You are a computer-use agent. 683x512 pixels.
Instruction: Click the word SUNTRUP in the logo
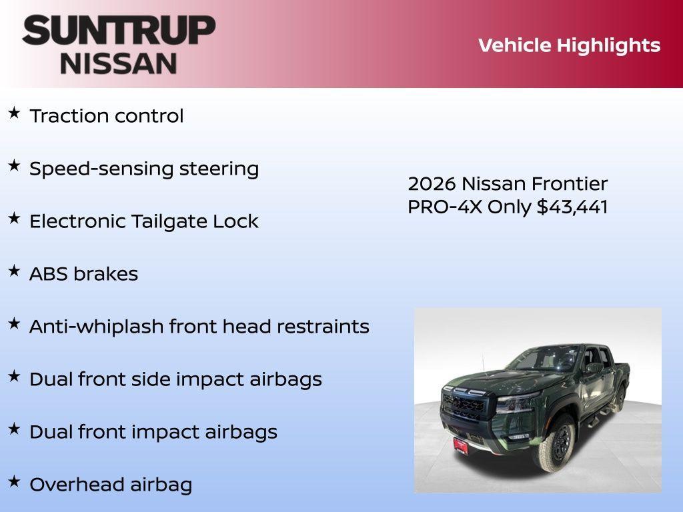pyautogui.click(x=119, y=31)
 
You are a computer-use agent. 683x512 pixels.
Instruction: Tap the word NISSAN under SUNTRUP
pyautogui.click(x=119, y=63)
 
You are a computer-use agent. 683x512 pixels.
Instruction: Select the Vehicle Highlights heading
pyautogui.click(x=569, y=45)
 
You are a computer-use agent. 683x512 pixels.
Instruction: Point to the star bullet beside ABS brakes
pyautogui.click(x=14, y=271)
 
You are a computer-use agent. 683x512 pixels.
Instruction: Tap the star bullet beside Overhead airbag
pyautogui.click(x=14, y=481)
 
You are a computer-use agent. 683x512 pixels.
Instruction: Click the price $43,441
pyautogui.click(x=572, y=207)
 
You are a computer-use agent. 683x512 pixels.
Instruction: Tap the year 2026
pyautogui.click(x=432, y=184)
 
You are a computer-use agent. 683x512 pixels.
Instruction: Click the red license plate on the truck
pyautogui.click(x=461, y=445)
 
